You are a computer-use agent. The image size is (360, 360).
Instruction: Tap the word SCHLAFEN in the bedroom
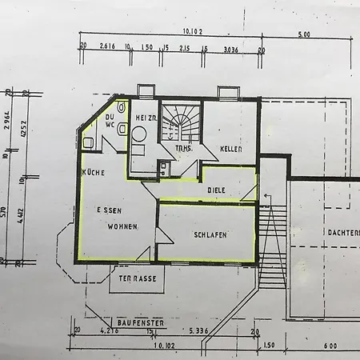click(210, 234)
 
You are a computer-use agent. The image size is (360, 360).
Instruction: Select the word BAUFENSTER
click(139, 322)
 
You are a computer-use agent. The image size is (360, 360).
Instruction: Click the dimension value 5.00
click(304, 35)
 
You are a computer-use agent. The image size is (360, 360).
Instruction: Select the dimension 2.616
click(108, 47)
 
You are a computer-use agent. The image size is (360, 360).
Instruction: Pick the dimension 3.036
click(231, 49)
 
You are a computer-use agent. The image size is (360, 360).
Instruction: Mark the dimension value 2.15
click(184, 48)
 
